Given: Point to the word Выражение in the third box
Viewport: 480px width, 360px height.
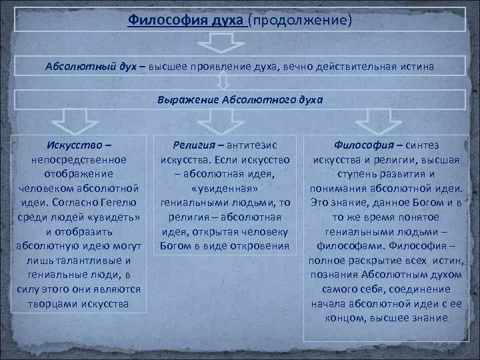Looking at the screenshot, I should [x=183, y=100].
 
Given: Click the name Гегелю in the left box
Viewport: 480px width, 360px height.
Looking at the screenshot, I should [x=119, y=203].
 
